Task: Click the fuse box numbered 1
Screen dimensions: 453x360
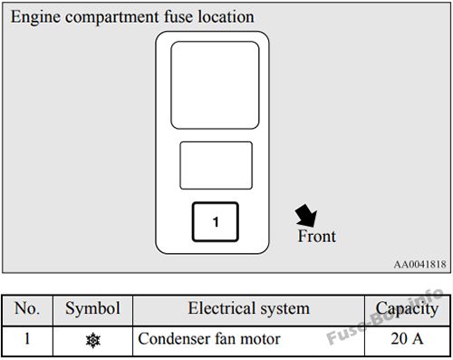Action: point(216,222)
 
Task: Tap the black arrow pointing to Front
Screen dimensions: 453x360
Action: point(306,216)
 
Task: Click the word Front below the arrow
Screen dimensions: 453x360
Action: point(316,236)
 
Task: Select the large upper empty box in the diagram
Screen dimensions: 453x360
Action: point(215,85)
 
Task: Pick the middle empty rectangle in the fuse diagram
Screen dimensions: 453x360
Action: point(217,165)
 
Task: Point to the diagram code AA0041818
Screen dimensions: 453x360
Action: point(419,265)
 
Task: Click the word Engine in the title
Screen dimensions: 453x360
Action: point(35,17)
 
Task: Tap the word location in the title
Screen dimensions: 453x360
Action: point(226,16)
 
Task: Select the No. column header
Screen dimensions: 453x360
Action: point(27,308)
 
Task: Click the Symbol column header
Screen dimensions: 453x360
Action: point(92,309)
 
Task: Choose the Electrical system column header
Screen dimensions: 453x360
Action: point(249,309)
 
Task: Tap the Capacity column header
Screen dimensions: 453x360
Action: point(407,309)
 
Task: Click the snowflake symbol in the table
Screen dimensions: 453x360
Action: point(93,340)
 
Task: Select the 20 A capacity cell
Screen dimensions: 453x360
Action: point(407,338)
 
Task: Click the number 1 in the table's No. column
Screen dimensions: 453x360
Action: point(27,338)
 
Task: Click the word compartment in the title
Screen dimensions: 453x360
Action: point(111,17)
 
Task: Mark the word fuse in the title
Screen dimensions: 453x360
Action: point(178,16)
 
